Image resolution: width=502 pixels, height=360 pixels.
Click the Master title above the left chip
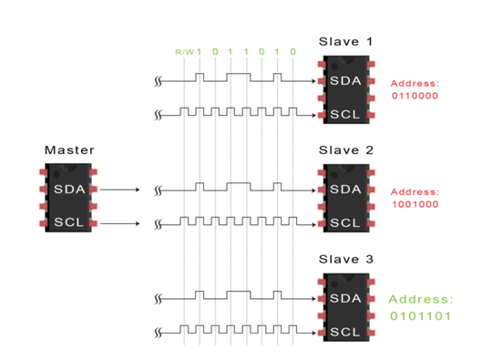[x=69, y=149]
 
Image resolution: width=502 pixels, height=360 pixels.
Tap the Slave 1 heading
[x=346, y=42]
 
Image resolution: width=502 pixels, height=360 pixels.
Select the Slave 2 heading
[x=346, y=150]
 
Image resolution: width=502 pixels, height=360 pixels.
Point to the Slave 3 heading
[x=346, y=259]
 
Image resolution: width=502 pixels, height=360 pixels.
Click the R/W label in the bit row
[x=184, y=52]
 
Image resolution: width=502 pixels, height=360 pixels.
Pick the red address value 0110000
[x=415, y=96]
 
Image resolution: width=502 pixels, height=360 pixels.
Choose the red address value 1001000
[x=415, y=204]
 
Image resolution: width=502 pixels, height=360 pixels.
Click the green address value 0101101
[x=420, y=316]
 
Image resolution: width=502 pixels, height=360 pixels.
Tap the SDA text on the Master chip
[x=69, y=190]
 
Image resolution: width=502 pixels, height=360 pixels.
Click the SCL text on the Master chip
[x=69, y=222]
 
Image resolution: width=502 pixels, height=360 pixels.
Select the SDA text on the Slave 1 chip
[x=345, y=81]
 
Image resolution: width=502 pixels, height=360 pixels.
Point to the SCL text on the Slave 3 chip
[x=344, y=332]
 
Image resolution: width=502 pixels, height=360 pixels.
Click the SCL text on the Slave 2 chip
[x=344, y=223]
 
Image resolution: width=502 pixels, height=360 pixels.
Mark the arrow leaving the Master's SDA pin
[x=120, y=190]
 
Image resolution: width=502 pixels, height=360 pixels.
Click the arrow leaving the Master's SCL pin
[x=120, y=223]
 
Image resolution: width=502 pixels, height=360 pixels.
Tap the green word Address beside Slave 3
[x=421, y=300]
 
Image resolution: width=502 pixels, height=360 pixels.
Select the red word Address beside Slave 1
[x=415, y=83]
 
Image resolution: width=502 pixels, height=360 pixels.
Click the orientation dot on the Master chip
[x=56, y=174]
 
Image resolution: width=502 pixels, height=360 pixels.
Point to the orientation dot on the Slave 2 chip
[x=334, y=175]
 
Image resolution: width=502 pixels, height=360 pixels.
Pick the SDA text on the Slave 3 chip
[x=345, y=299]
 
